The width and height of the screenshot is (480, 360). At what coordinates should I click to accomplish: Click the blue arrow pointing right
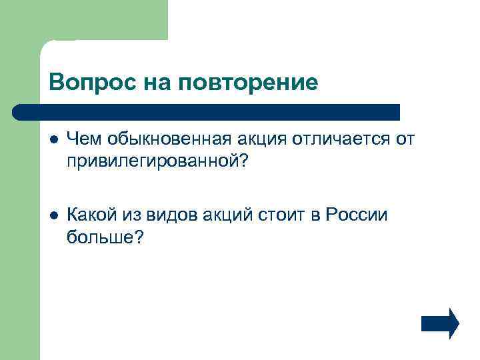tap(440, 324)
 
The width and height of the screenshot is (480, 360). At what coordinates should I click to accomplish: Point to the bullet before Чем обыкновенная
tap(53, 140)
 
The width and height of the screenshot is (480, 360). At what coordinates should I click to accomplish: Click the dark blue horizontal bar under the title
tap(207, 111)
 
